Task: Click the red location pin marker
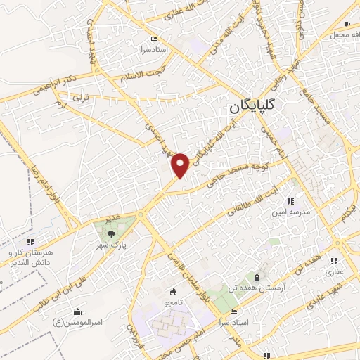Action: click(181, 165)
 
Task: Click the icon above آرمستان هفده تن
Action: click(257, 276)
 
